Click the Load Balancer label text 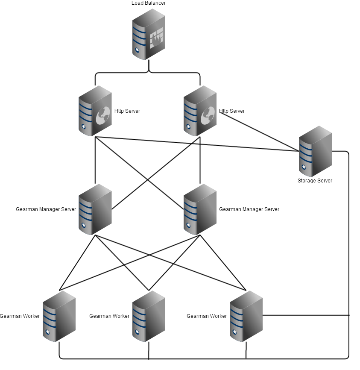click(149, 3)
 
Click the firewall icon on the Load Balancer click(156, 38)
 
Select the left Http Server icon click(95, 111)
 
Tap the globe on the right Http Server click(208, 115)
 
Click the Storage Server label click(315, 181)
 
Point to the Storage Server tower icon click(315, 151)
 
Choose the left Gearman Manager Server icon click(95, 209)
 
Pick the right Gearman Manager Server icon click(200, 209)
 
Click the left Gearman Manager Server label click(46, 209)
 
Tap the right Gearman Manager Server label click(249, 209)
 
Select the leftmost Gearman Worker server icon click(59, 316)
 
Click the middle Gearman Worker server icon click(149, 316)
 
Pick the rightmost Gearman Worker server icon click(246, 316)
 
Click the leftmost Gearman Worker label click(20, 316)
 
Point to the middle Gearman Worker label click(109, 316)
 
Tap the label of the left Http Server click(127, 111)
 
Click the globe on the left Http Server click(103, 115)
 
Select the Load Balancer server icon click(149, 34)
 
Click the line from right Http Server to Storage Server click(259, 132)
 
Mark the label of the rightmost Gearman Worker click(207, 316)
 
